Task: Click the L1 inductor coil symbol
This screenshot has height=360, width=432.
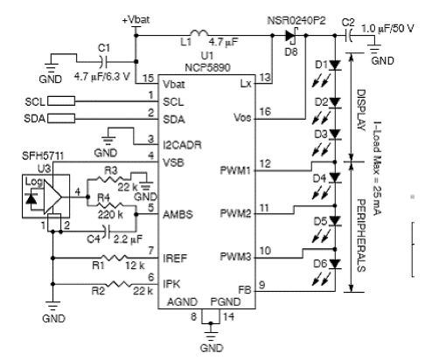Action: click(x=199, y=33)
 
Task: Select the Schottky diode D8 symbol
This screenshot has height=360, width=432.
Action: click(x=291, y=36)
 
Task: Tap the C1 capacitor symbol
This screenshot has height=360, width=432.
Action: click(x=104, y=61)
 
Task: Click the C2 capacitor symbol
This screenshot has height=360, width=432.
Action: click(x=349, y=35)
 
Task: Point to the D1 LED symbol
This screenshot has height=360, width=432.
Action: click(x=335, y=66)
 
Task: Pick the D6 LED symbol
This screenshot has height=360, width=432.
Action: click(x=335, y=264)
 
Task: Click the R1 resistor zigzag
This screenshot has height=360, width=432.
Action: click(x=115, y=258)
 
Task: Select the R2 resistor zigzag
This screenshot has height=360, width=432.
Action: click(x=119, y=284)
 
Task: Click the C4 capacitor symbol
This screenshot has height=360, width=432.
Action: click(x=106, y=232)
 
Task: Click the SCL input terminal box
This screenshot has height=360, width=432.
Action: click(x=61, y=101)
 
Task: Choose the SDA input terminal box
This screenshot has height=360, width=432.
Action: click(x=61, y=118)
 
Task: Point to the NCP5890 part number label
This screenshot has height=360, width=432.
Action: click(x=207, y=67)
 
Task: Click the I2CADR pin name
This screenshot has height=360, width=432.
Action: click(x=182, y=145)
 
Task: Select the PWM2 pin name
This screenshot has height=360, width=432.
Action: click(x=235, y=213)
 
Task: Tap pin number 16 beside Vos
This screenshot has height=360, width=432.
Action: click(x=265, y=111)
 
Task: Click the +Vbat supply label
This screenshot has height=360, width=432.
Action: click(x=136, y=20)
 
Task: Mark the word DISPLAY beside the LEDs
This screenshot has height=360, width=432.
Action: click(x=361, y=110)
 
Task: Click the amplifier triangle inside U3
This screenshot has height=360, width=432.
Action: click(x=52, y=197)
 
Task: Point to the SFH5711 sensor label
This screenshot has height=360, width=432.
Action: click(x=43, y=156)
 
